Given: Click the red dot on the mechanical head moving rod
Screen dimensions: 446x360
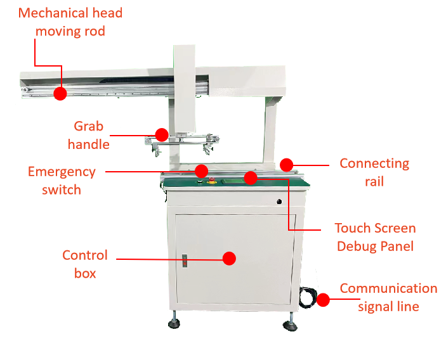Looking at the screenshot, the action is tap(60, 93).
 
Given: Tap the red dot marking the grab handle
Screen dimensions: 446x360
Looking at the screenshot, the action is tap(162, 134).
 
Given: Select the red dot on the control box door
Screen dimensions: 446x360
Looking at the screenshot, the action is tap(229, 259).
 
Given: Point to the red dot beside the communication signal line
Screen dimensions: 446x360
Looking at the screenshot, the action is tap(323, 300).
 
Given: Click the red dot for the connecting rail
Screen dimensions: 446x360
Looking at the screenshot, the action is tap(286, 165).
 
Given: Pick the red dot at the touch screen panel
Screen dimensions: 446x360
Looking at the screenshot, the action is tap(251, 178).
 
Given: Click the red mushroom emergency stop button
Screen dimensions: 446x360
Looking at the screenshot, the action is tap(212, 180).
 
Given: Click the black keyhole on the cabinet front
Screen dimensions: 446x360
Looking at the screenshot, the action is tap(279, 202).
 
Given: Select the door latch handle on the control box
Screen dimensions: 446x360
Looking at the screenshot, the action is tap(185, 261).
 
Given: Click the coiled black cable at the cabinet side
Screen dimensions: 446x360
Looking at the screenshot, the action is tap(308, 297).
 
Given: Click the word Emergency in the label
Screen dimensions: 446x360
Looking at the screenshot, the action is tap(62, 172).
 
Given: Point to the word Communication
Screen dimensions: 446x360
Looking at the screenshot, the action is tap(388, 288).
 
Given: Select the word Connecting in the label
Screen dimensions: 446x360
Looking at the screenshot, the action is tap(374, 164).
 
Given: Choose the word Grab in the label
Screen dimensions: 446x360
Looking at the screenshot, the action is tap(88, 126).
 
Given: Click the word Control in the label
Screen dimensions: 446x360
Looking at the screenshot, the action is tap(85, 255).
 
